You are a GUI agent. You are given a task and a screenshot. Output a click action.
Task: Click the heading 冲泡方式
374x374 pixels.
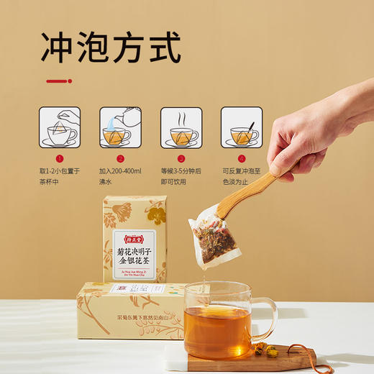coord(111,48)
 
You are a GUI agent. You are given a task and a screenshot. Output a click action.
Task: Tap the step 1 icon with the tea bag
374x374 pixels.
coord(59,127)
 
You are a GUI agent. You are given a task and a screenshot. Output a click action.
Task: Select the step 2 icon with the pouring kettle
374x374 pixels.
coord(120,127)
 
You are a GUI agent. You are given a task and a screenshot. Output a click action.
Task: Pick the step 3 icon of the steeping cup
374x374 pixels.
coord(181,127)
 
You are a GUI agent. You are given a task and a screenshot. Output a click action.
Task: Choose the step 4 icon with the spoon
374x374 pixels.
coord(242,127)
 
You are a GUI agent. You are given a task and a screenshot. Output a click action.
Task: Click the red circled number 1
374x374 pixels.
coord(60,158)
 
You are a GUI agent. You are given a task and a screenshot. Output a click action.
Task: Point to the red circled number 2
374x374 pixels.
coord(120,158)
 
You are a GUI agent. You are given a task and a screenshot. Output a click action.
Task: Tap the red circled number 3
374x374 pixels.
coord(181,158)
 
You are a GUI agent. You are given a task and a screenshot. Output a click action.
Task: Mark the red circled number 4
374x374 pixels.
coord(242,158)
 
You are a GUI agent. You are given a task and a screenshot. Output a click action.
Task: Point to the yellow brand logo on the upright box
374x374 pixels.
coord(134,234)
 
